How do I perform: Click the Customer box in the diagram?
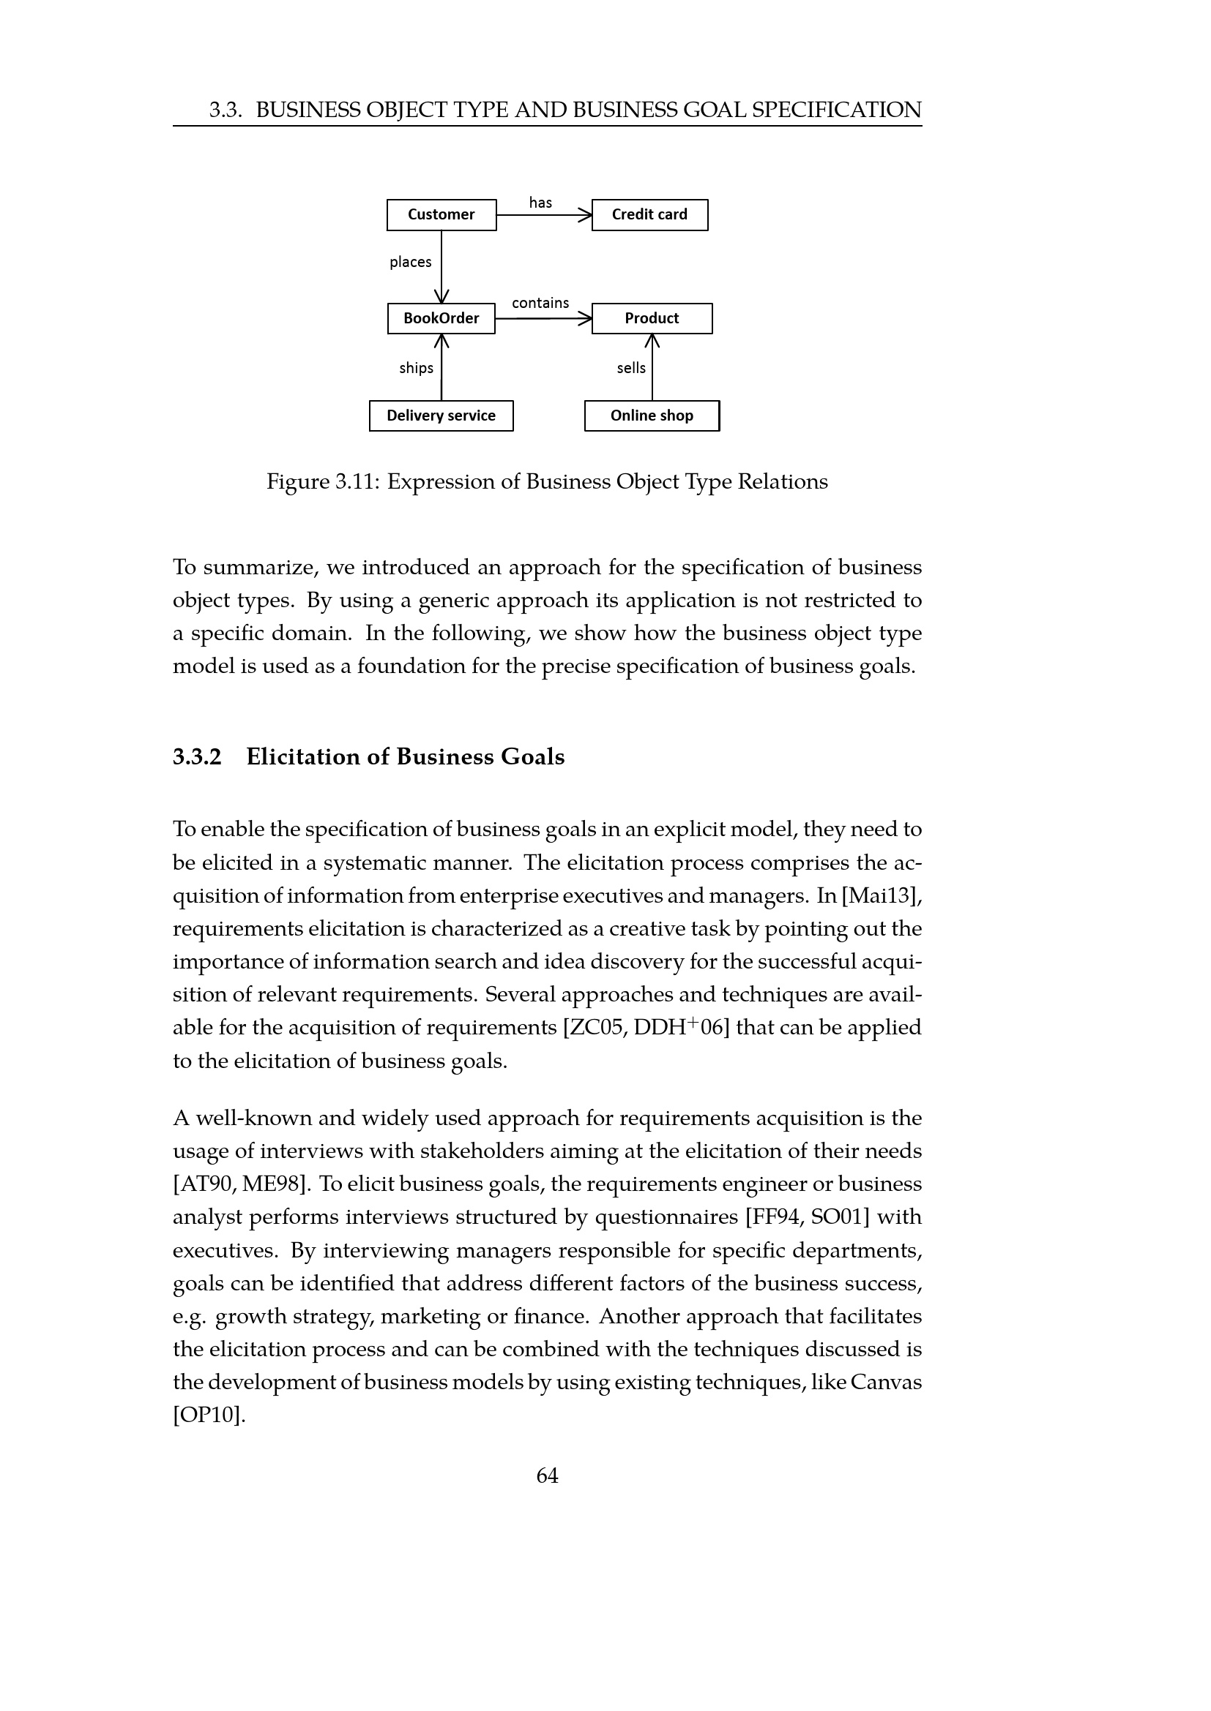pyautogui.click(x=441, y=214)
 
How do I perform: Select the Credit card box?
pyautogui.click(x=649, y=214)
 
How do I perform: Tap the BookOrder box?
pyautogui.click(x=441, y=318)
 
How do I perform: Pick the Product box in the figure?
pyautogui.click(x=652, y=318)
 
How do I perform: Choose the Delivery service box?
pyautogui.click(x=441, y=415)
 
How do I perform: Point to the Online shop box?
pyautogui.click(x=652, y=415)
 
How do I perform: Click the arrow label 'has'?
pyautogui.click(x=540, y=203)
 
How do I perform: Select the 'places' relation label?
pyautogui.click(x=410, y=263)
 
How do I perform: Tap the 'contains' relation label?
pyautogui.click(x=540, y=304)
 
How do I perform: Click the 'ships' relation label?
pyautogui.click(x=416, y=368)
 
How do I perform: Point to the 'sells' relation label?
pyautogui.click(x=631, y=368)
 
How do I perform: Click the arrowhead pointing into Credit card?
pyautogui.click(x=584, y=215)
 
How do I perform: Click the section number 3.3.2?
pyautogui.click(x=198, y=757)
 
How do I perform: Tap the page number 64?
pyautogui.click(x=548, y=1475)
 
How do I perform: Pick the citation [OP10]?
pyautogui.click(x=209, y=1415)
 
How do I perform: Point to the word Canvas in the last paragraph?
pyautogui.click(x=886, y=1383)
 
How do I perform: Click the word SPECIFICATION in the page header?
pyautogui.click(x=837, y=110)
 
